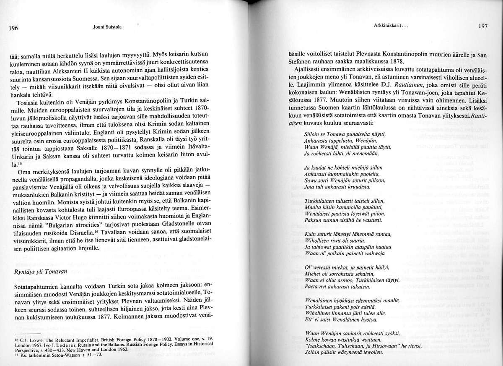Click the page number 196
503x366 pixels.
point(13,29)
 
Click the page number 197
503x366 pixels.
point(483,26)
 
